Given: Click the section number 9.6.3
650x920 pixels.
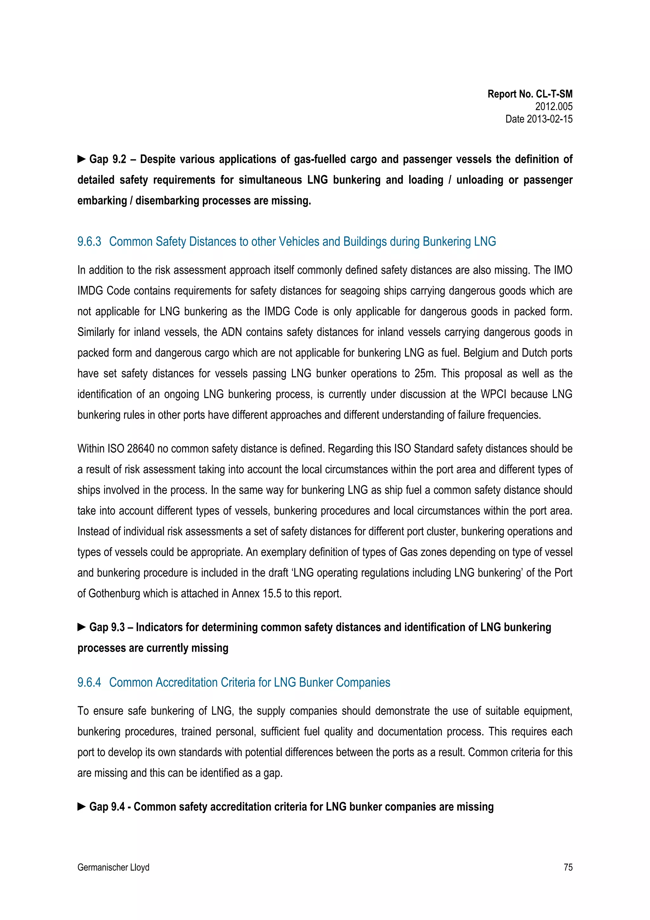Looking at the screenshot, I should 89,242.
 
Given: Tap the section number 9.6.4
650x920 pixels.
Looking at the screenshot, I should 89,682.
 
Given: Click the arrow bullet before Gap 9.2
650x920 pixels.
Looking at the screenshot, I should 81,159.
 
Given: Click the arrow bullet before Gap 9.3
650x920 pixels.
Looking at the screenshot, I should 81,627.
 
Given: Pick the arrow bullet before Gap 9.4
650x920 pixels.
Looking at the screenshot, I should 81,807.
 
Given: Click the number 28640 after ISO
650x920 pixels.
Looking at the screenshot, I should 141,449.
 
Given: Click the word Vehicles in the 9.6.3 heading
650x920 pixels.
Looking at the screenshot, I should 298,242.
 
